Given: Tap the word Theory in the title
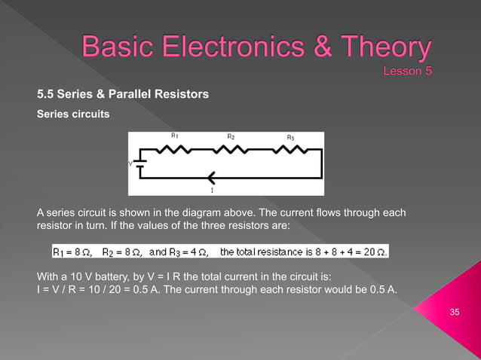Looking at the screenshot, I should (384, 50).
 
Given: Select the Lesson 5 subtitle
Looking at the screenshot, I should (408, 72).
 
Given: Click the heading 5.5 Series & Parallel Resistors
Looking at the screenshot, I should (123, 94).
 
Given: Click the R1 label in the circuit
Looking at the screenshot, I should (174, 136).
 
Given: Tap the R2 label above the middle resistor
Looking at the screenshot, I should (231, 136).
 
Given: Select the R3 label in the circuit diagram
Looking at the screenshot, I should (290, 137).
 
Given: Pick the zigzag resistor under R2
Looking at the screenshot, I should (231, 149).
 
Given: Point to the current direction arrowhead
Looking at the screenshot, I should (210, 178).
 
